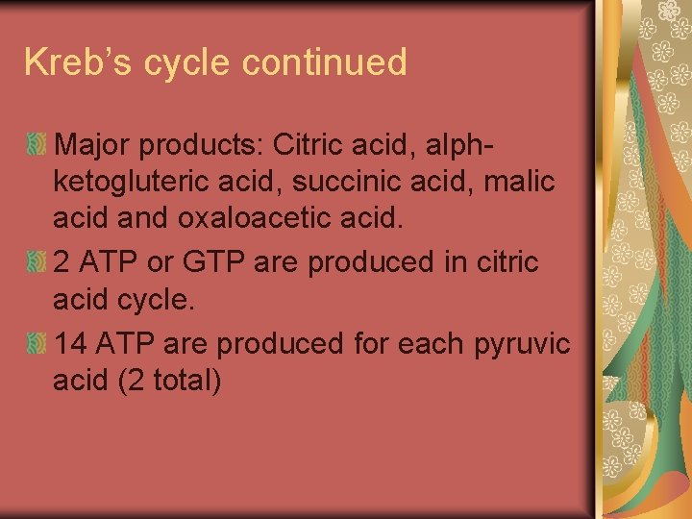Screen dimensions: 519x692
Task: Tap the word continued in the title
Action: coord(324,62)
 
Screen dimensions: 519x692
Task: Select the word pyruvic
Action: coord(523,343)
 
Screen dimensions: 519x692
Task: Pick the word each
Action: coord(432,341)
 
